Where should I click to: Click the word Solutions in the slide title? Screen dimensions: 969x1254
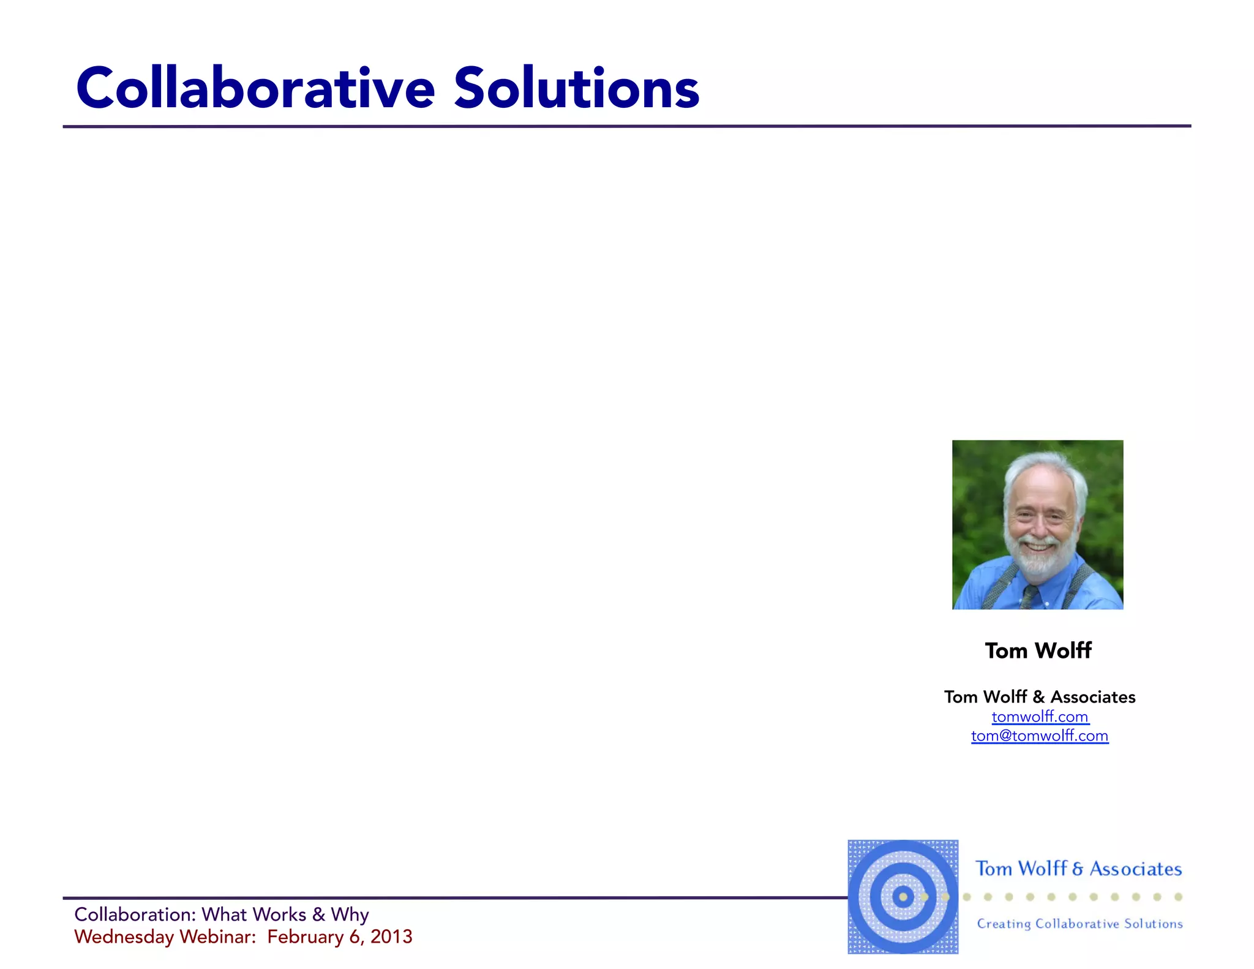[x=576, y=89]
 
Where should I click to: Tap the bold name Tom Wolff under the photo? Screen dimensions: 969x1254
[x=1038, y=650]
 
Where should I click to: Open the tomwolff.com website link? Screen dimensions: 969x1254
[x=1040, y=717]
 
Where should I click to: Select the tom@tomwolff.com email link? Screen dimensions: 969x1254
[x=1040, y=736]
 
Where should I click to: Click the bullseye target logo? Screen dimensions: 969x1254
[x=903, y=897]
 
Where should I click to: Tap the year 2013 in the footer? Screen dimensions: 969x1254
[x=391, y=937]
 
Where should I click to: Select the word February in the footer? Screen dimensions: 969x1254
[x=305, y=937]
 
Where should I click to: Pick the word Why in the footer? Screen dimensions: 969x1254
[x=350, y=914]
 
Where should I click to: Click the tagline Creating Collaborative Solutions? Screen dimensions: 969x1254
[x=1079, y=924]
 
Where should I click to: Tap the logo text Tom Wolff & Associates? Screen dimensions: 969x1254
[x=1078, y=869]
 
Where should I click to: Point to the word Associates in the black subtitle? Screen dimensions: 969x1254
[x=1093, y=697]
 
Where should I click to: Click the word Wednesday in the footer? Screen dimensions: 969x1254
[x=124, y=937]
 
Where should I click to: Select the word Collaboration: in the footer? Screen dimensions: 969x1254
[x=135, y=914]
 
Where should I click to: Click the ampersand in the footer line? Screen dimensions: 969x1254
[x=318, y=914]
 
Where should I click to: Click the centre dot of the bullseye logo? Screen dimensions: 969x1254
[x=903, y=897]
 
